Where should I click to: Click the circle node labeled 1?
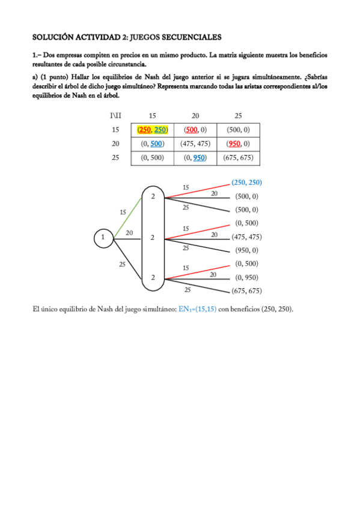click(x=103, y=238)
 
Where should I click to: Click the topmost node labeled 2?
click(x=153, y=197)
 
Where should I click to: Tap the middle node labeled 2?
click(x=153, y=238)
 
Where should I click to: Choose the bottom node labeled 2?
click(x=153, y=277)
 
